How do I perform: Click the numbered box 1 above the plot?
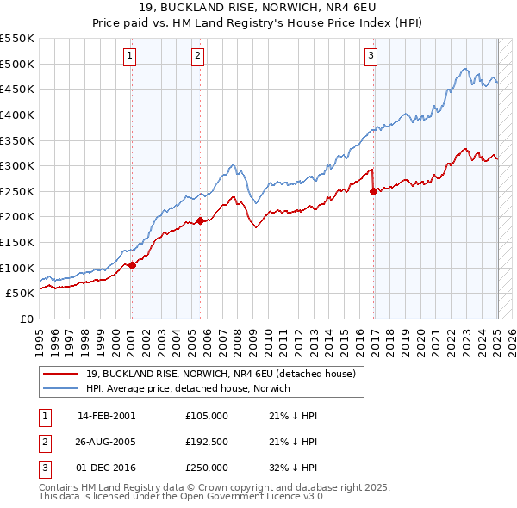point(129,57)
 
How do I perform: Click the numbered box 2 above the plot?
point(197,57)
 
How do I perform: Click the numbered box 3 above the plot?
point(371,57)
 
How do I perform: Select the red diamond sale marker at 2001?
point(132,265)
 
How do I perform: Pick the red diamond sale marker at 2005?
point(200,220)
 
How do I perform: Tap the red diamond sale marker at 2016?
point(373,191)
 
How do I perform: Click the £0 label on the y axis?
point(25,319)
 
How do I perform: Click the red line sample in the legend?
point(60,374)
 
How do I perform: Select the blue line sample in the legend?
point(60,388)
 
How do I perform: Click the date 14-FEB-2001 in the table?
point(106,416)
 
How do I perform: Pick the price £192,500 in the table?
point(207,442)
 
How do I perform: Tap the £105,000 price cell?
point(207,416)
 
